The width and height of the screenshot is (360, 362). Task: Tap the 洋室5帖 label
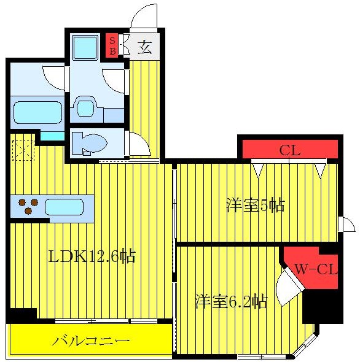(255, 206)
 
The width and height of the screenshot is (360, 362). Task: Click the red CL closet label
(289, 150)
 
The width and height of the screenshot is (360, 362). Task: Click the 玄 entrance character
(144, 47)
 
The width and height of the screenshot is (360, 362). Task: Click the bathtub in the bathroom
(37, 112)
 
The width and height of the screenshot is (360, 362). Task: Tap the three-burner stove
(27, 206)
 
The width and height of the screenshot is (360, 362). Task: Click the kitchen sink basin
(63, 206)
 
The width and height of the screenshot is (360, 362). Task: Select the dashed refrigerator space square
(23, 150)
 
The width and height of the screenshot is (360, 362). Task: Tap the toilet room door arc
(137, 144)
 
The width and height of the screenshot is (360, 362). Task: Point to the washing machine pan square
(84, 46)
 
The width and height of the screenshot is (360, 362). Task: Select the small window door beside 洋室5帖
(347, 225)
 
